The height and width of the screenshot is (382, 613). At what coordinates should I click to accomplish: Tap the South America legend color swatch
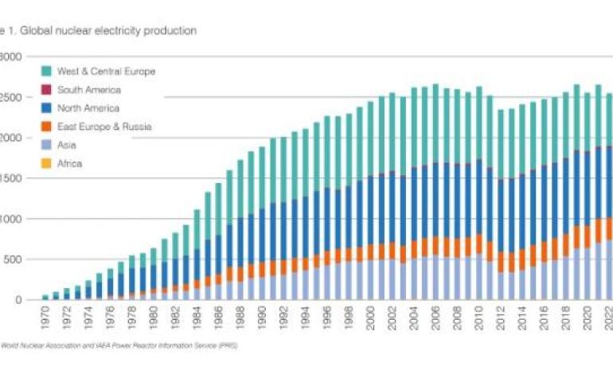(45, 90)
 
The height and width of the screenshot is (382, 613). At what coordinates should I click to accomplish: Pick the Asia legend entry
(67, 145)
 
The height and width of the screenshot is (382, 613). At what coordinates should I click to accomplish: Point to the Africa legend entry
(69, 163)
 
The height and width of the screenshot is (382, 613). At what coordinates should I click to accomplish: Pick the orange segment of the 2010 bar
(479, 244)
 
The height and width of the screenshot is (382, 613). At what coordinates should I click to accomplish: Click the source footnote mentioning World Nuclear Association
(119, 346)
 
